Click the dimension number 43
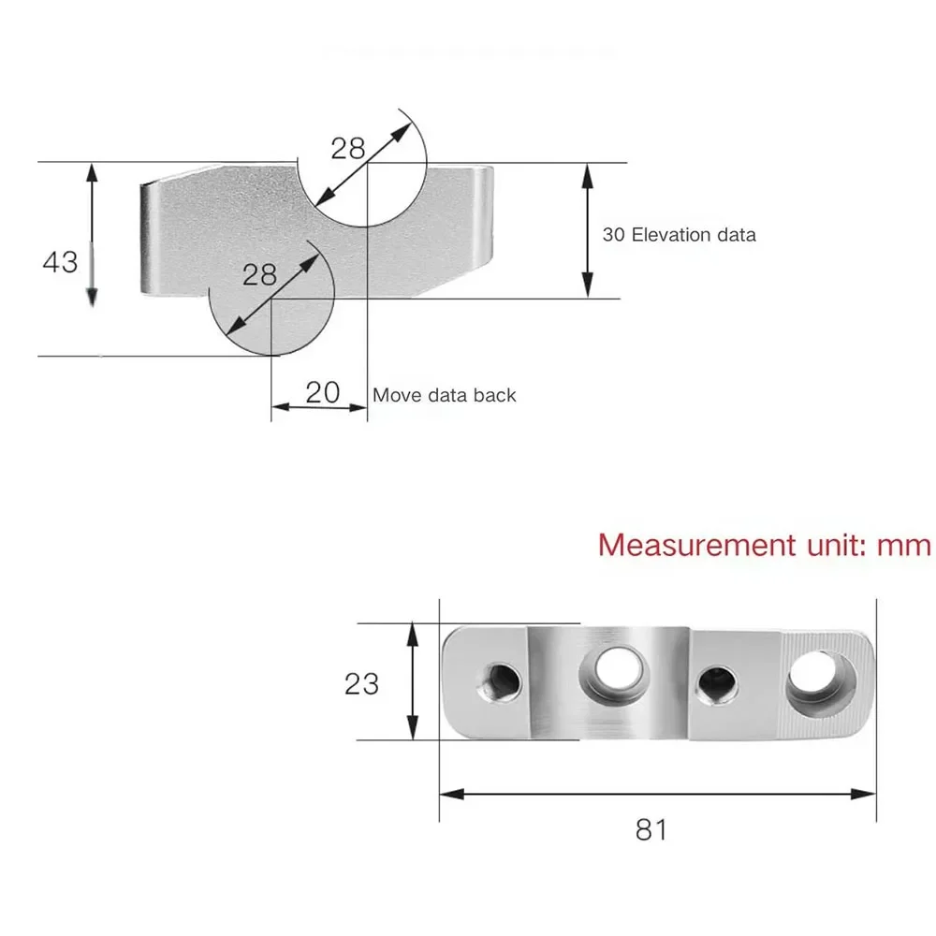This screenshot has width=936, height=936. (x=60, y=263)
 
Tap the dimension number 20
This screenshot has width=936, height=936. (x=322, y=392)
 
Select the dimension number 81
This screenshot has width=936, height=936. (x=651, y=829)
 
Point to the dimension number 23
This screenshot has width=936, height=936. (x=361, y=684)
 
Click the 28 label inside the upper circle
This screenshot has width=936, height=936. (x=348, y=148)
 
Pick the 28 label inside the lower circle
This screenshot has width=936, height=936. (x=259, y=274)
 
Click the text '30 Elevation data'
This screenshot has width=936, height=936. (x=680, y=235)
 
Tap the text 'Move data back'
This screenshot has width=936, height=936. (x=444, y=395)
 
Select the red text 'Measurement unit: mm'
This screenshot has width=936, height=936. (x=765, y=545)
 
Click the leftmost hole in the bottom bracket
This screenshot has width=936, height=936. (x=499, y=682)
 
